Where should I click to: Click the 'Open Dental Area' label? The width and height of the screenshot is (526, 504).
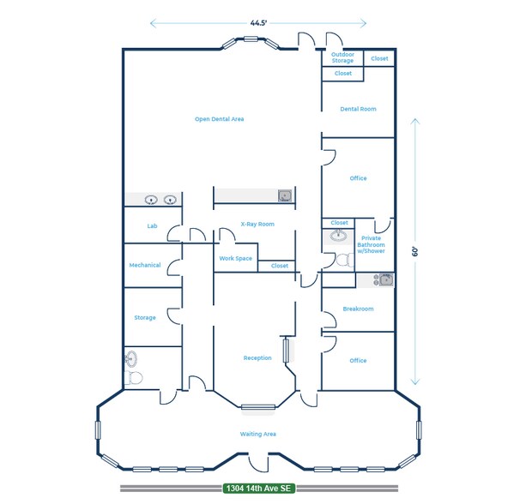(219, 119)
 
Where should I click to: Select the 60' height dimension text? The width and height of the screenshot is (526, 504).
(414, 253)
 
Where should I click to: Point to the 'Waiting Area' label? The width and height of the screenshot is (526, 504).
(257, 435)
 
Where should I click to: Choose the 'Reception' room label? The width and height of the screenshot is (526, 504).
(257, 358)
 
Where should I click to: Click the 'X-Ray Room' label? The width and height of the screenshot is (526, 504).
(257, 225)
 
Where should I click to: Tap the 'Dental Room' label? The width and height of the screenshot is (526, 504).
(358, 109)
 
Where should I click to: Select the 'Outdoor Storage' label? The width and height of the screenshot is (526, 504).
(342, 57)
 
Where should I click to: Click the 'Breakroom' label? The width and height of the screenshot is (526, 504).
(358, 309)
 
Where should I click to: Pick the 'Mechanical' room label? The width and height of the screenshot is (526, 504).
(145, 265)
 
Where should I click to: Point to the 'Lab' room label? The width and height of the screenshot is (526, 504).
(152, 226)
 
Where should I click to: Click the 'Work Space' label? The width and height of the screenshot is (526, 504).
(235, 258)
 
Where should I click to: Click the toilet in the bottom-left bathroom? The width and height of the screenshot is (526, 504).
(135, 377)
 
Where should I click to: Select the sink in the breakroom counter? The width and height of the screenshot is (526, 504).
(384, 279)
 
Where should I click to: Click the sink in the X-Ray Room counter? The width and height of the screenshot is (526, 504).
(285, 195)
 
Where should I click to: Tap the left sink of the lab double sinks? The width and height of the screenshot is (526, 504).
(152, 200)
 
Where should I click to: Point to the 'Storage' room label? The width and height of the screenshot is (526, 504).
(145, 318)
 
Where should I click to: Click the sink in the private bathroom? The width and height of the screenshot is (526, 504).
(340, 237)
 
